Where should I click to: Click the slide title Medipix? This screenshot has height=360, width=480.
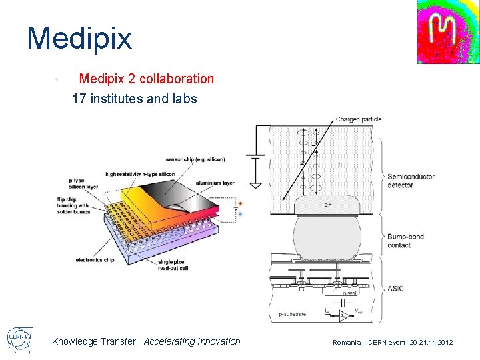[79, 38]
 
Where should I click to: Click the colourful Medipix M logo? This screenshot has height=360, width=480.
[448, 31]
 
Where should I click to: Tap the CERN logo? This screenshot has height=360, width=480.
[19, 339]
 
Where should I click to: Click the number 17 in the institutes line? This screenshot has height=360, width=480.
[79, 99]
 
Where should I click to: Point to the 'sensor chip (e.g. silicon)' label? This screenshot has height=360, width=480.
[195, 159]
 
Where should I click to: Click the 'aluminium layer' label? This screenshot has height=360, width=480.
[215, 182]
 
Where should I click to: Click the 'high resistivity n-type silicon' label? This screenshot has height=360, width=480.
[140, 173]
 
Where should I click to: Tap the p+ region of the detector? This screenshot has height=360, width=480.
[327, 205]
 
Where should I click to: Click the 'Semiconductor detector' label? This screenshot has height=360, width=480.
[411, 181]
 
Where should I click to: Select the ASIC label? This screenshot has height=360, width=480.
[396, 288]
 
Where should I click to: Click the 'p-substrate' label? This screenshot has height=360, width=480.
[292, 313]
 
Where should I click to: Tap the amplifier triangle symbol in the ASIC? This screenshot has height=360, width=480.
[344, 315]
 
